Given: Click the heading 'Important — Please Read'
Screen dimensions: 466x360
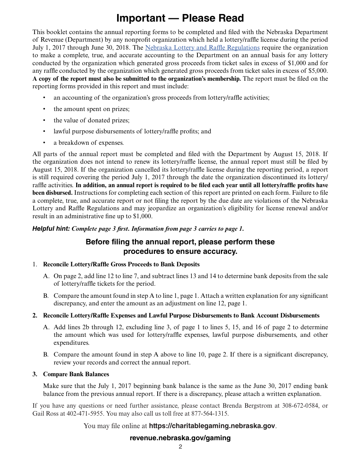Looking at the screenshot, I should click(180, 18).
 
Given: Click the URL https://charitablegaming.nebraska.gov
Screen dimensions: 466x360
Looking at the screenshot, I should click(212, 426).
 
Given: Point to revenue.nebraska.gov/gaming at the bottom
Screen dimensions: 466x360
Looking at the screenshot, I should click(180, 438).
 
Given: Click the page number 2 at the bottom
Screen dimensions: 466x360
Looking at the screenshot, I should click(180, 447).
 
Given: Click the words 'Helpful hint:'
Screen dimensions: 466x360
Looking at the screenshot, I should click(51, 228).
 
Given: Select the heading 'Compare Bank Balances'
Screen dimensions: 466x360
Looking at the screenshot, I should click(76, 374).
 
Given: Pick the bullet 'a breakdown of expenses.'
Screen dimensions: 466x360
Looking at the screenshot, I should click(89, 143).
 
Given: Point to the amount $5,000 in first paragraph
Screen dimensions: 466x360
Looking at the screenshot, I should click(318, 71).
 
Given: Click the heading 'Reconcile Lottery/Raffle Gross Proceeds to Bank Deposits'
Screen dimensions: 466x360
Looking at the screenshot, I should click(121, 264).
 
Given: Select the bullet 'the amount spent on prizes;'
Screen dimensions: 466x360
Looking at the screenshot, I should click(91, 109).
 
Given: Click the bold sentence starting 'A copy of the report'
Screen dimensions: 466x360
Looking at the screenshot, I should click(136, 79).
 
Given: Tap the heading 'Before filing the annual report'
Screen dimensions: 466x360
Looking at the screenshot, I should click(180, 242).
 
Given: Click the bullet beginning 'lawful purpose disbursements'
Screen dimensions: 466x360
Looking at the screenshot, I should click(132, 131).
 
